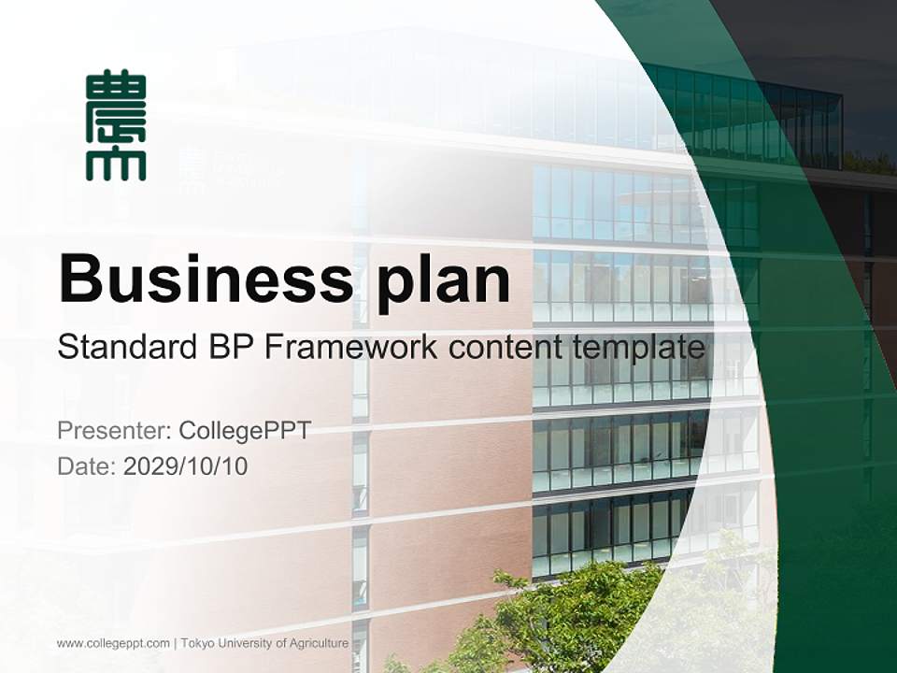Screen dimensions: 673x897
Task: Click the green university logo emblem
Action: click(116, 124)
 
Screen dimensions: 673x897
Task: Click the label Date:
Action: click(87, 466)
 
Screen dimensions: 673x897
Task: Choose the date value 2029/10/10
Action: click(186, 466)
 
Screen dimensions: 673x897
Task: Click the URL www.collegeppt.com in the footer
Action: click(113, 643)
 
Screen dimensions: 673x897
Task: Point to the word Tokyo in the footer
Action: click(196, 643)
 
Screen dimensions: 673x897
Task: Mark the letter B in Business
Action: click(79, 278)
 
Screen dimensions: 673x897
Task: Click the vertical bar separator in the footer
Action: click(176, 643)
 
